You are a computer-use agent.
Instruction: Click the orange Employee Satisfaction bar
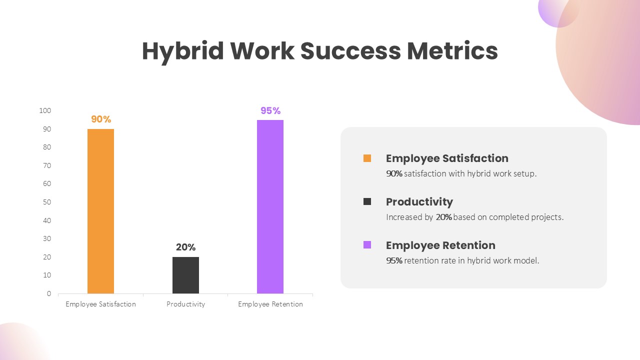pyautogui.click(x=100, y=211)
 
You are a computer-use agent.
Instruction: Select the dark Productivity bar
pyautogui.click(x=185, y=275)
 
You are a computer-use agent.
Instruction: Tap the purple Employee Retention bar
pyautogui.click(x=270, y=206)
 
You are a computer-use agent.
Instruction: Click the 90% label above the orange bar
pyautogui.click(x=101, y=119)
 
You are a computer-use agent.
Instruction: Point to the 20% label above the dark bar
pyautogui.click(x=185, y=247)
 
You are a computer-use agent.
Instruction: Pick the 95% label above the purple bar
pyautogui.click(x=270, y=110)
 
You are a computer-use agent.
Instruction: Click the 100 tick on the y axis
pyautogui.click(x=45, y=110)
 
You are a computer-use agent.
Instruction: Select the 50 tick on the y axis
pyautogui.click(x=47, y=202)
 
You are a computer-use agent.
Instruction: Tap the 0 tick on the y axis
pyautogui.click(x=49, y=293)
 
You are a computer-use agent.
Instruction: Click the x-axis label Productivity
pyautogui.click(x=185, y=304)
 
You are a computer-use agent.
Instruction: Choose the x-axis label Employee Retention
pyautogui.click(x=270, y=304)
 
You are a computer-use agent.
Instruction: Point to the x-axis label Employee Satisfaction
pyautogui.click(x=100, y=304)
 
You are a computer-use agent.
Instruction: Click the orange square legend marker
pyautogui.click(x=367, y=158)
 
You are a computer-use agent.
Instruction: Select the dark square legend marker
pyautogui.click(x=367, y=201)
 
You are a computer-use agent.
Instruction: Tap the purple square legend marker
pyautogui.click(x=367, y=245)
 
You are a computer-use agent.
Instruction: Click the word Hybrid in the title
pyautogui.click(x=183, y=51)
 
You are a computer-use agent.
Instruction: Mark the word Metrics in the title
pyautogui.click(x=452, y=51)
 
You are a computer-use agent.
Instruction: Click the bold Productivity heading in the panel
pyautogui.click(x=419, y=202)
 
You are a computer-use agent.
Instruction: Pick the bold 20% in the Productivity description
pyautogui.click(x=443, y=217)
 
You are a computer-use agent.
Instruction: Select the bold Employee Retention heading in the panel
pyautogui.click(x=440, y=245)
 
